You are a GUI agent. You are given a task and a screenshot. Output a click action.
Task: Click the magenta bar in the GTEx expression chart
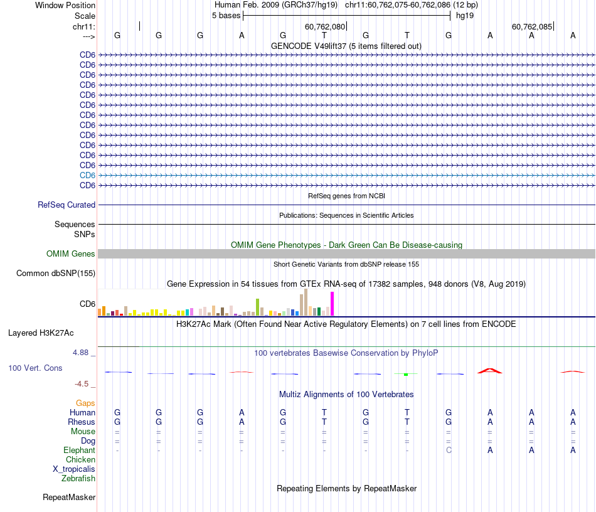click(333, 304)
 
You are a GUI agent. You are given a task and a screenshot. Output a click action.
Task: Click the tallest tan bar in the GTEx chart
click(306, 302)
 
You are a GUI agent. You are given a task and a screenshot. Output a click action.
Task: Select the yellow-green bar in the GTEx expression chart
click(257, 307)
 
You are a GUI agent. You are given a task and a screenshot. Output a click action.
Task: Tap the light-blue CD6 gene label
click(87, 175)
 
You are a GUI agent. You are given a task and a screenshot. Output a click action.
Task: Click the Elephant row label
click(79, 450)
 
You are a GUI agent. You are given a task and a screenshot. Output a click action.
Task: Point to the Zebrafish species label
click(78, 478)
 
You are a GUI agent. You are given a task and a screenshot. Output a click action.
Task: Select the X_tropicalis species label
click(74, 469)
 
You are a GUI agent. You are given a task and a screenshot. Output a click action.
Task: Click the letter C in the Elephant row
click(449, 450)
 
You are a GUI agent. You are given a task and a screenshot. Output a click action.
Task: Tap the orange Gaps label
click(85, 403)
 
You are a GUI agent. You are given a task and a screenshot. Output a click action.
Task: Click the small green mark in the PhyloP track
click(406, 375)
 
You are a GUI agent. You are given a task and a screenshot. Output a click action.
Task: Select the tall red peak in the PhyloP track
click(490, 370)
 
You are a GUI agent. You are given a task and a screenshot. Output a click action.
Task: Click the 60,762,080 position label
click(324, 26)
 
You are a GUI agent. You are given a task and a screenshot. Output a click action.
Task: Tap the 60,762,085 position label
click(532, 26)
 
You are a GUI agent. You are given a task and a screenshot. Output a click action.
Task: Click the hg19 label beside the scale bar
click(465, 15)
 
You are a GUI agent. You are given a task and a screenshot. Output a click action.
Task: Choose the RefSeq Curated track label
click(67, 205)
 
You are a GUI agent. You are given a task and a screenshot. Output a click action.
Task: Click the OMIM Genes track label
click(71, 253)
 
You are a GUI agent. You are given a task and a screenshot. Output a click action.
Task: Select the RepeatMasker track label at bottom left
click(69, 497)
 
